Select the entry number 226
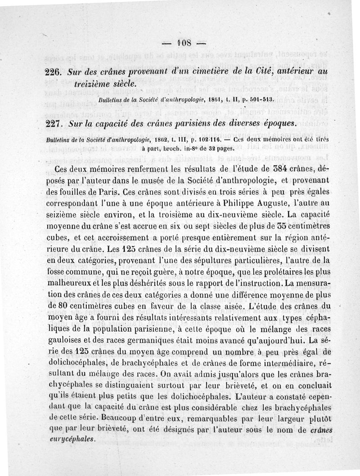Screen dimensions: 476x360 coord(55,73)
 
